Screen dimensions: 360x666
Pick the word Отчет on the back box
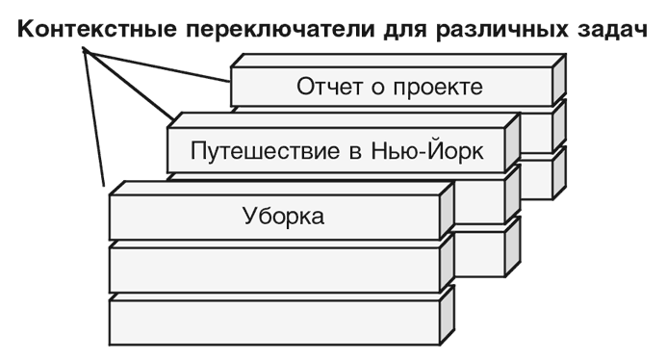pyautogui.click(x=326, y=88)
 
